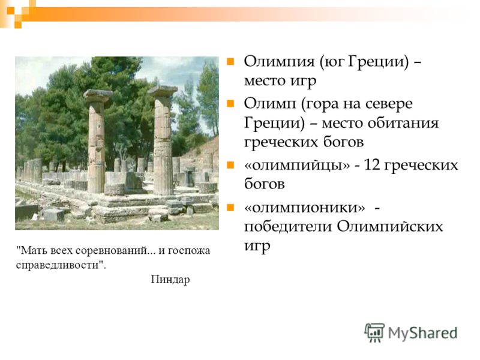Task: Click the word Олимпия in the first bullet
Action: [279, 61]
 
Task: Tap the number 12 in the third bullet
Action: [372, 165]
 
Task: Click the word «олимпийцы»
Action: [297, 166]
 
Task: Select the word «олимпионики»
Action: [305, 208]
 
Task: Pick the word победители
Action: [288, 227]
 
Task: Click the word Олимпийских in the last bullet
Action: [390, 227]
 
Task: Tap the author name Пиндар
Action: [170, 280]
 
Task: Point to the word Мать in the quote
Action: [32, 250]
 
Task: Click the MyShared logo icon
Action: [374, 332]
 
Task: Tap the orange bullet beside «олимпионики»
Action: [230, 208]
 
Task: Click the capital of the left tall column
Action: [98, 95]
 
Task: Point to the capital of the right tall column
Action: [163, 91]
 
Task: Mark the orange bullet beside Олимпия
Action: [230, 62]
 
